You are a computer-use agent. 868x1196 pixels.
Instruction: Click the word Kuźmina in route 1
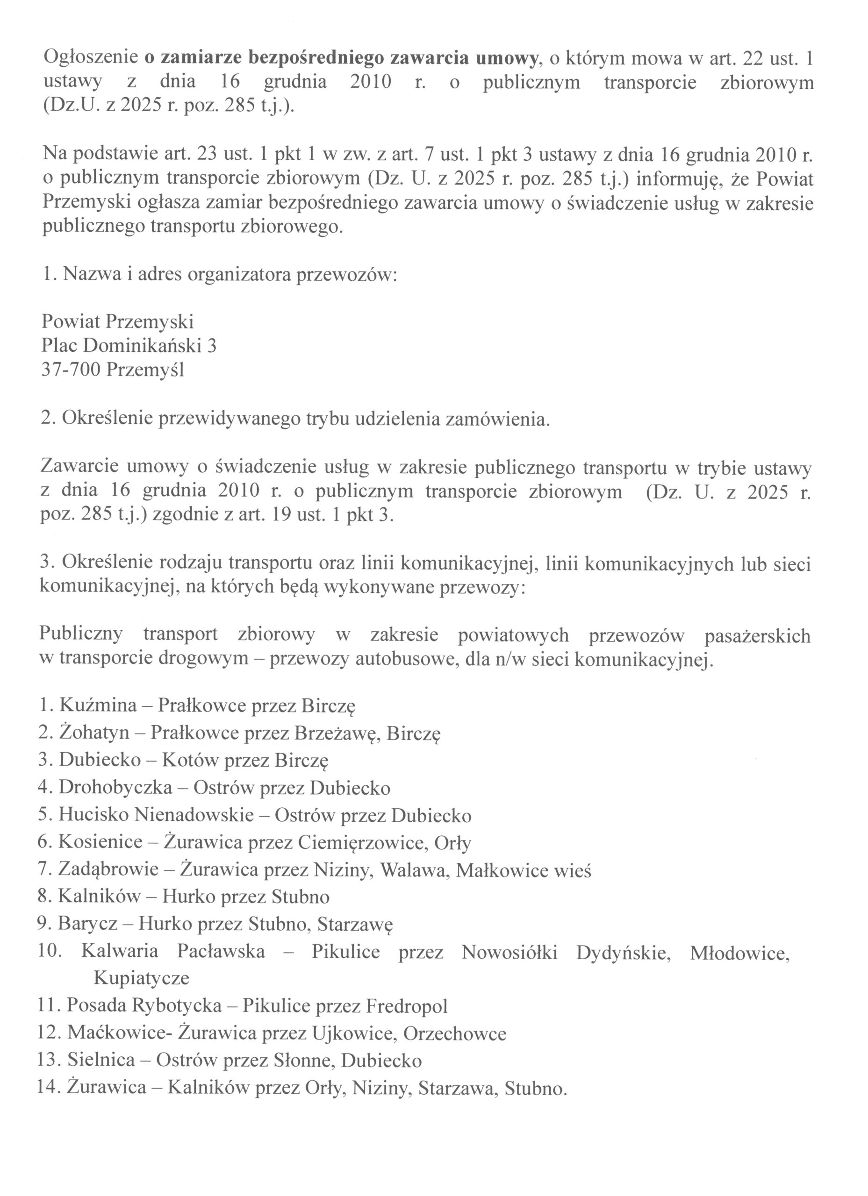pos(98,705)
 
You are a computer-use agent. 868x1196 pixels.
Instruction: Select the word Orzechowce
pos(455,1033)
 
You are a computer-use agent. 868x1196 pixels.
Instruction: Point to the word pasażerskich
pos(757,636)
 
